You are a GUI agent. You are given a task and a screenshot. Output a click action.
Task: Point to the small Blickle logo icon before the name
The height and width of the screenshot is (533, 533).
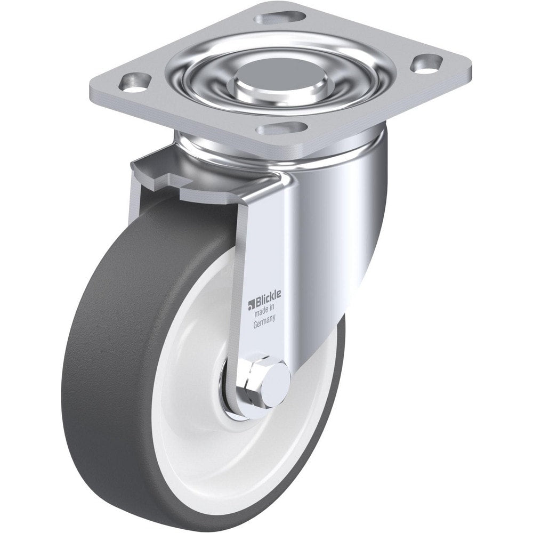point(249,304)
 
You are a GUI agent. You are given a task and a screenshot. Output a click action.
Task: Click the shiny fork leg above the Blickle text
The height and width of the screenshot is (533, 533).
point(266,235)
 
